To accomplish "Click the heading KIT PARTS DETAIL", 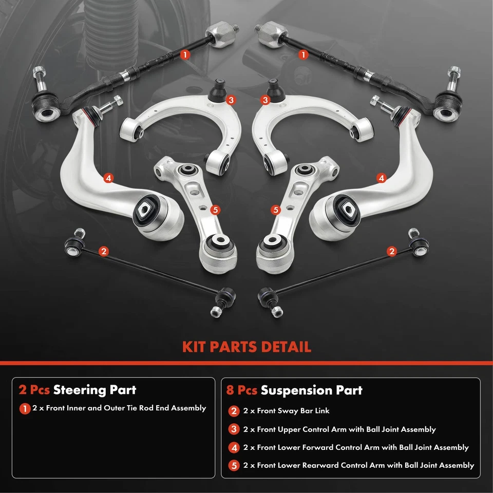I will [x=246, y=347].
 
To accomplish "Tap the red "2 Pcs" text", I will [x=34, y=390].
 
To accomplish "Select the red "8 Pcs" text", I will [x=241, y=390].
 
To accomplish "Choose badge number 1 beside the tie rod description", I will [x=25, y=409].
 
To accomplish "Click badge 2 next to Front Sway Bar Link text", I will [x=235, y=411].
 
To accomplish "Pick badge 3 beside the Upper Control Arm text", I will [x=235, y=430].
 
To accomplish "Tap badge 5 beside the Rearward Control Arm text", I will [x=235, y=466].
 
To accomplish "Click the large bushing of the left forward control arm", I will [x=147, y=211].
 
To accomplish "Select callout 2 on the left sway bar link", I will [x=104, y=251].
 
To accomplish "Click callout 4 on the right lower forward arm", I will [x=381, y=178].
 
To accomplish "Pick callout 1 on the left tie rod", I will [x=185, y=53].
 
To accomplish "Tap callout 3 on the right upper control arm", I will [x=265, y=100].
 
